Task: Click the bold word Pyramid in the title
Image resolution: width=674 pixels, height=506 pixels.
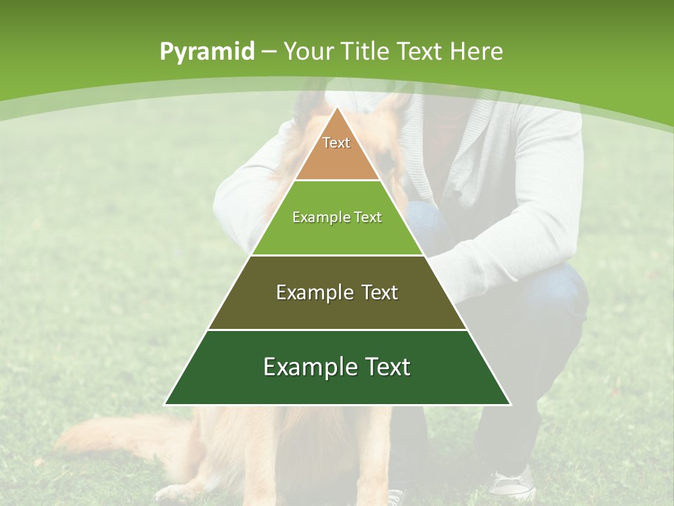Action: tap(206, 52)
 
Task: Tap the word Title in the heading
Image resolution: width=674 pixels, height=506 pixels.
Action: tap(366, 51)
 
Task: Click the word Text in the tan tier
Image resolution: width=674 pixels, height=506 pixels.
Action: tap(336, 143)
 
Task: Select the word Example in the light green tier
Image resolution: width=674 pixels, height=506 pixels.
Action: tap(317, 218)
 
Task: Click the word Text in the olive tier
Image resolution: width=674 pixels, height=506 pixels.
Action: tap(379, 292)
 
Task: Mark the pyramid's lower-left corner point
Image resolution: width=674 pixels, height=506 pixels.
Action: tap(164, 405)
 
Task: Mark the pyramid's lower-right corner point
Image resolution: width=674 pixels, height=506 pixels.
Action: tap(510, 405)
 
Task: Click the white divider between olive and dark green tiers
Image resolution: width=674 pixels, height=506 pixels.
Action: tap(338, 330)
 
